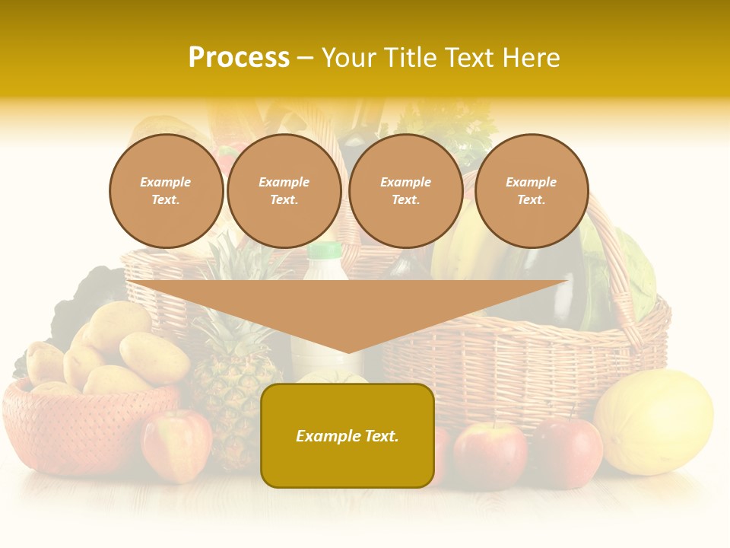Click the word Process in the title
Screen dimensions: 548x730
pos(239,58)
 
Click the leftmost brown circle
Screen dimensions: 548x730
pos(166,191)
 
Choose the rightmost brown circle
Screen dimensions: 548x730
pos(532,191)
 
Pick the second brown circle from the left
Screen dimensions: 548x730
pos(284,191)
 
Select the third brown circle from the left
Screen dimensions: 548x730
pos(406,191)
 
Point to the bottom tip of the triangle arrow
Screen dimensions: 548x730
pos(348,352)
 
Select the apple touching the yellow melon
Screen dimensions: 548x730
pos(567,452)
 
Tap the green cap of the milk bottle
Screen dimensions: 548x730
pos(325,250)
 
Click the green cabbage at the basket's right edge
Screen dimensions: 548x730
pos(634,274)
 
